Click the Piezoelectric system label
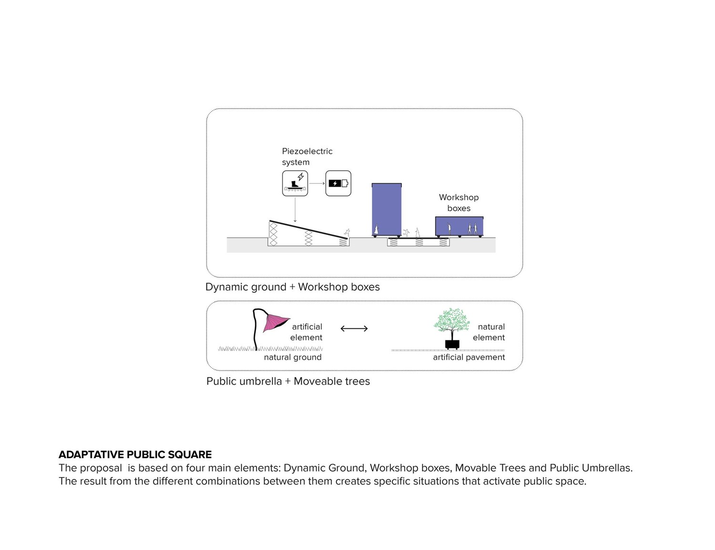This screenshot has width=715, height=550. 307,156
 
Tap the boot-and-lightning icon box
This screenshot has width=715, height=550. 295,183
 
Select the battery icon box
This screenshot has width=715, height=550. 338,183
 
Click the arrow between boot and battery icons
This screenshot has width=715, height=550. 317,183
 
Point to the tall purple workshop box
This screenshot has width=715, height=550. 387,210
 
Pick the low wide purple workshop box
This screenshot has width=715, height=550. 459,226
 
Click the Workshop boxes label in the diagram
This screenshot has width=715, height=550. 459,203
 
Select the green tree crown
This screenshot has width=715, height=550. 451,320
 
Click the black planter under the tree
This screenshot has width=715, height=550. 452,344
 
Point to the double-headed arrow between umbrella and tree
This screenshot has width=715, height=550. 354,328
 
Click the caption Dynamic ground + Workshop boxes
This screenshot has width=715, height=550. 293,287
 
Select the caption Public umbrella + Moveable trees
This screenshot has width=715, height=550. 288,381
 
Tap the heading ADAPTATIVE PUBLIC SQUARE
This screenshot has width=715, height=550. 135,455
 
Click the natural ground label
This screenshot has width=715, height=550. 293,357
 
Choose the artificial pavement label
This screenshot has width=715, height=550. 469,357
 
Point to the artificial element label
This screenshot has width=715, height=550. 306,332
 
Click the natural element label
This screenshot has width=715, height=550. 489,332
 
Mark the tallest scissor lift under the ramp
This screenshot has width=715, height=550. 274,234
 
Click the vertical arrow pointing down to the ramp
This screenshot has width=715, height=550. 295,210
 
